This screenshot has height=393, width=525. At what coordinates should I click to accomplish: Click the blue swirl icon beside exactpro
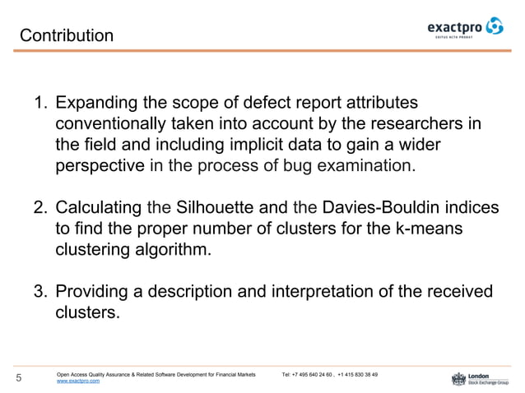(495, 28)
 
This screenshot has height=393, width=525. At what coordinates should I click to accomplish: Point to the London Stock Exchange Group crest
(458, 378)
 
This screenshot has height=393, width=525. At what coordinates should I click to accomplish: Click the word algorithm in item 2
(170, 247)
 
